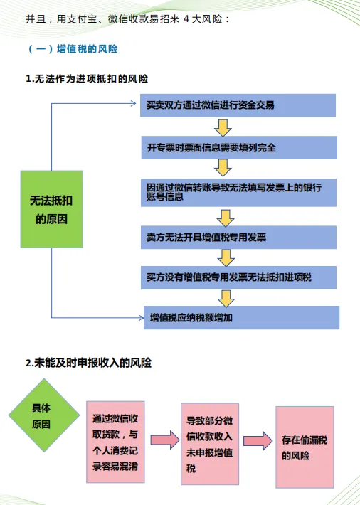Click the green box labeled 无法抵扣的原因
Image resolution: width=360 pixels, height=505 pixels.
pos(51,209)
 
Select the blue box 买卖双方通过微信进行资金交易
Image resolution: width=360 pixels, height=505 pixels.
pos(238,105)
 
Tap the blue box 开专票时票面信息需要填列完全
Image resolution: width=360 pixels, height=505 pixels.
pos(239,147)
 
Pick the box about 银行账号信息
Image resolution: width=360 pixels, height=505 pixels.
pos(238,193)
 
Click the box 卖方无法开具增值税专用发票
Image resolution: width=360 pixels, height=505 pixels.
pos(238,238)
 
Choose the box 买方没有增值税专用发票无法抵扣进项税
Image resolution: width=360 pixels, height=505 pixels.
pos(238,277)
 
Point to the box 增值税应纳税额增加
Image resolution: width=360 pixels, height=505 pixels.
pos(241,317)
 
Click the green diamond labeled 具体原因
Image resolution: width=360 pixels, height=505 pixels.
pos(44,415)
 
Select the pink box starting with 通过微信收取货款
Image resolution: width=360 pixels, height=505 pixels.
pos(115,442)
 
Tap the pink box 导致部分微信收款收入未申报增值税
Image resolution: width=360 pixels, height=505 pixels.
pos(210,444)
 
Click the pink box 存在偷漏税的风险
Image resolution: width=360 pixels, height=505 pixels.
pos(305,447)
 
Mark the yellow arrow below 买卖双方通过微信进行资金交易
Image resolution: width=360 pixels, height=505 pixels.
pos(223,128)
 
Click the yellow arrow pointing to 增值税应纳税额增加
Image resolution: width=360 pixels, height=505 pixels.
pos(226,299)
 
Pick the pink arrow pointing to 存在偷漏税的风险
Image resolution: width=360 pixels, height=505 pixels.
pos(258,441)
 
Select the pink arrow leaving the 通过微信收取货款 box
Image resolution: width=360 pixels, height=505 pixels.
pos(165,440)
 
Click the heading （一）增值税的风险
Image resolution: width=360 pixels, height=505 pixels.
pos(73,49)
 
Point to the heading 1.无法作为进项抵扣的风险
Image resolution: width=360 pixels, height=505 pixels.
pos(87,79)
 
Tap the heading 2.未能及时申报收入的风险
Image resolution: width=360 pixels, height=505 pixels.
pos(89,363)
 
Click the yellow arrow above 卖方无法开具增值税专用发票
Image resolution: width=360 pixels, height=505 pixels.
pos(226,218)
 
